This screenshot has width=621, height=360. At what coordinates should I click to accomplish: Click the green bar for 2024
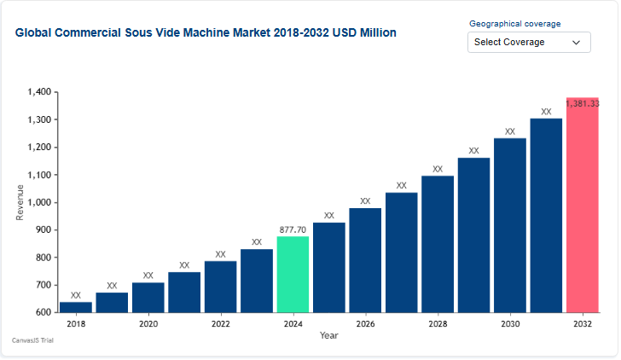293,274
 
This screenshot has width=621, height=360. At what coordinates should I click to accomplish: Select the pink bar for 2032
583,205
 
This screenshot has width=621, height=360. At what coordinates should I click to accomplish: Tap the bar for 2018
76,307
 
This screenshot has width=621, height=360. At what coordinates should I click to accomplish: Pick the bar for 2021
184,292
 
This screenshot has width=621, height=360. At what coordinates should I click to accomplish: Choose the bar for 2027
401,253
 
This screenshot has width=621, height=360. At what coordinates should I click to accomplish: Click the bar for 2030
510,225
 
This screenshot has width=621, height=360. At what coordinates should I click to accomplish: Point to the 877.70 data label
293,229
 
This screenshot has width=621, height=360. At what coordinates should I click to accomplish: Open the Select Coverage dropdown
529,42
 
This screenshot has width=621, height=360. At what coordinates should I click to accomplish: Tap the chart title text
206,32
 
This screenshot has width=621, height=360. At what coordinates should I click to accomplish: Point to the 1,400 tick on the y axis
40,92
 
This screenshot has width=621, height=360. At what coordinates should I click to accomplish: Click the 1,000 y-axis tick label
40,202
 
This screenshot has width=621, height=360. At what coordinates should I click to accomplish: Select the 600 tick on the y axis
44,312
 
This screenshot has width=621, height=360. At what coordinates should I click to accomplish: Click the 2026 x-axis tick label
365,324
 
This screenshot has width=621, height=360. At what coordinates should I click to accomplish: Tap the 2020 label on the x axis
148,324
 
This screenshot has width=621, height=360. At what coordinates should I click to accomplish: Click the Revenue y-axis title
20,202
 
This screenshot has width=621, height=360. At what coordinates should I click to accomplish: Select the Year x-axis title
328,335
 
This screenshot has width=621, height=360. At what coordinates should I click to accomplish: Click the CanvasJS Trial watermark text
33,340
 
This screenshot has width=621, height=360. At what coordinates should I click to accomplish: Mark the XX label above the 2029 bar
473,151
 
